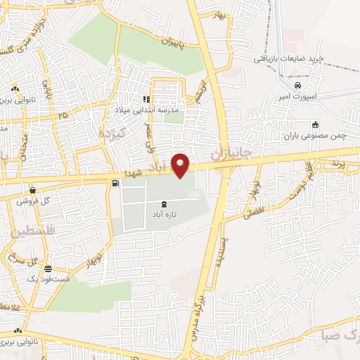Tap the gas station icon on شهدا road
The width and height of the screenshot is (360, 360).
115,183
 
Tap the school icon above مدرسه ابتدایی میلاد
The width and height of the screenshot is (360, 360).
147,100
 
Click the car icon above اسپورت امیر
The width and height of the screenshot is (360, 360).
298,84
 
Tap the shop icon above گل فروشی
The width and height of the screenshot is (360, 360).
32,190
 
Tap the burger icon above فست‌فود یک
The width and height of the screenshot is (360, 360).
47,269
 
